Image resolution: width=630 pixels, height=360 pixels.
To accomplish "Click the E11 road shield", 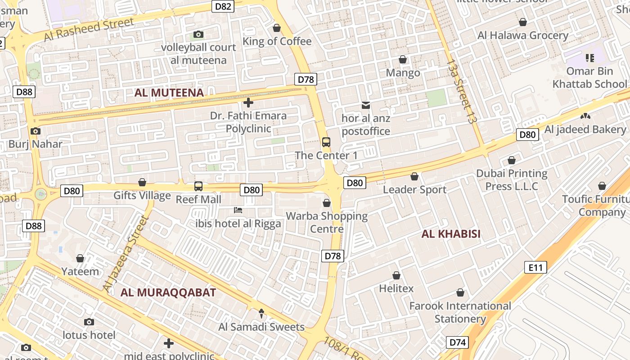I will tap(535, 268).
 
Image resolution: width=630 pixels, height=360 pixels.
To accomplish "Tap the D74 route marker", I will tap(458, 342).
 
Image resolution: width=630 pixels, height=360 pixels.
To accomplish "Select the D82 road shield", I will tap(223, 6).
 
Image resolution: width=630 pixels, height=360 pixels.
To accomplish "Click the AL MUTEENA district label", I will tap(169, 93).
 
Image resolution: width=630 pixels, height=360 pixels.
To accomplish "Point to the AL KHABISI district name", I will tap(451, 234).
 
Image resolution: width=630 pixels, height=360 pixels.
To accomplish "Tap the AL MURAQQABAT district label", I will tap(168, 292).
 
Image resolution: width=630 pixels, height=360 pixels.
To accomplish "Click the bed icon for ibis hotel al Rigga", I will tap(238, 210).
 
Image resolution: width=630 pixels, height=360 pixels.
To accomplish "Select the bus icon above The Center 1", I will tap(326, 142).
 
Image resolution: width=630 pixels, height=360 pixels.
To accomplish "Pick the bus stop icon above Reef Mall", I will tap(198, 186).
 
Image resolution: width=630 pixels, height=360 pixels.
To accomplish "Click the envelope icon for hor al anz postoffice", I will tap(366, 105).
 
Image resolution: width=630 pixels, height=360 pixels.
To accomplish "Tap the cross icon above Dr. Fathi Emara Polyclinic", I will tap(248, 103).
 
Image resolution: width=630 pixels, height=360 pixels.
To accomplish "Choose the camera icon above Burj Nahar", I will tap(36, 131).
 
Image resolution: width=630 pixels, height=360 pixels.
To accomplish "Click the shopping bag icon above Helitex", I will tap(396, 275).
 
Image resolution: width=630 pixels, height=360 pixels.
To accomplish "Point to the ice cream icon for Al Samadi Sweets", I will tap(261, 314).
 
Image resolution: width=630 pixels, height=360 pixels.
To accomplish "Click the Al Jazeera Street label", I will tap(126, 253).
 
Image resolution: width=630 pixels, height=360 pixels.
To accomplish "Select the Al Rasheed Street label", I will tap(89, 30).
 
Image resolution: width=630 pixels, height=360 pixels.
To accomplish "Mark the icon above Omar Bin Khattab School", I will tap(589, 58).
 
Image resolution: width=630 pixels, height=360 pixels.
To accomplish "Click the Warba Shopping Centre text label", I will tap(327, 222).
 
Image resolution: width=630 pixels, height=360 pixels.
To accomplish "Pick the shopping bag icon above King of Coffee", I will tap(277, 28).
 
